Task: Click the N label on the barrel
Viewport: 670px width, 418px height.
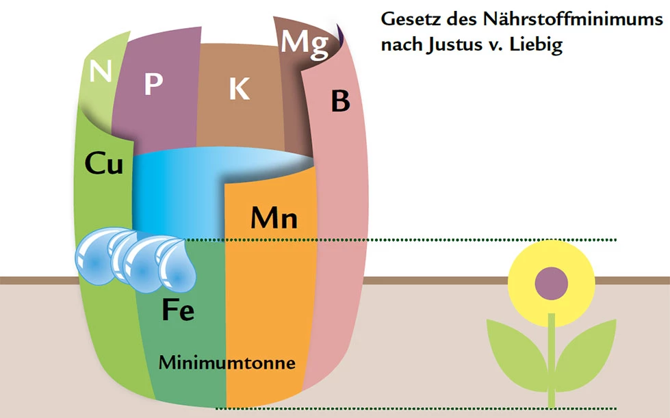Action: pyautogui.click(x=101, y=71)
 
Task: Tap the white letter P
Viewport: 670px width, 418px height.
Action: pyautogui.click(x=153, y=83)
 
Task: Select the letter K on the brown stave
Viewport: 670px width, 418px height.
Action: pyautogui.click(x=240, y=89)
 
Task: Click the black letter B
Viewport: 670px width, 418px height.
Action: pyautogui.click(x=341, y=101)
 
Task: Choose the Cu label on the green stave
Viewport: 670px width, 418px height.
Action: pyautogui.click(x=104, y=163)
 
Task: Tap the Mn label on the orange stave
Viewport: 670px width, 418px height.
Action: pyautogui.click(x=274, y=218)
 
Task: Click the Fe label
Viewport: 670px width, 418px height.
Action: pyautogui.click(x=178, y=309)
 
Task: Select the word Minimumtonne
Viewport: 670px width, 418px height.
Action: pyautogui.click(x=227, y=363)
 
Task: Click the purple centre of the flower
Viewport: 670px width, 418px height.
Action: pyautogui.click(x=551, y=283)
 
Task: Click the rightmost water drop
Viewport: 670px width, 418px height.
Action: pyautogui.click(x=176, y=265)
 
